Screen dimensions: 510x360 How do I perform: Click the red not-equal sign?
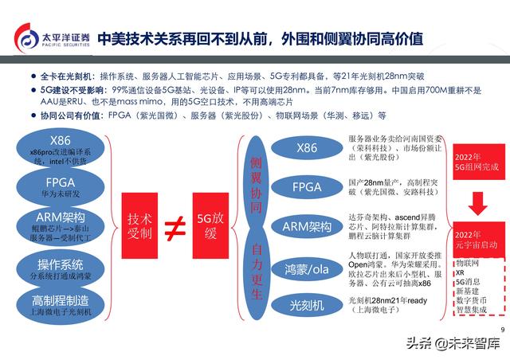173,228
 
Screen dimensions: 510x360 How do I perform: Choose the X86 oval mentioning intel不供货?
61,150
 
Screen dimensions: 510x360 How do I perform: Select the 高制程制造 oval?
61,304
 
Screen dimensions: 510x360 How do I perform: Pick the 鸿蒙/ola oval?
307,267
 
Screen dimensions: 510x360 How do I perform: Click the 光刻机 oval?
307,304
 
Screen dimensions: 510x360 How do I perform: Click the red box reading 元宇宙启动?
476,240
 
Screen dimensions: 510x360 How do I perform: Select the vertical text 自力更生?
257,268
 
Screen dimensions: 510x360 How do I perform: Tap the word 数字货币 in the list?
471,301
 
